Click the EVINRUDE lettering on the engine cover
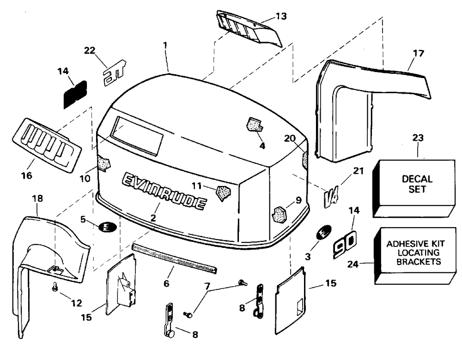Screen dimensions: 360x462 point(164,191)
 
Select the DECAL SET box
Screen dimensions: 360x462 point(417,184)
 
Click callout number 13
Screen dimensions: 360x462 point(281,16)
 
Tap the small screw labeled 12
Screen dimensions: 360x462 point(55,287)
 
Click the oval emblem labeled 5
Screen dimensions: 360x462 point(106,227)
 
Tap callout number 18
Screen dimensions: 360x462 point(38,199)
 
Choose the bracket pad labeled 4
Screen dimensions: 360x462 point(254,125)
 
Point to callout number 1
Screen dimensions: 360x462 point(165,46)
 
